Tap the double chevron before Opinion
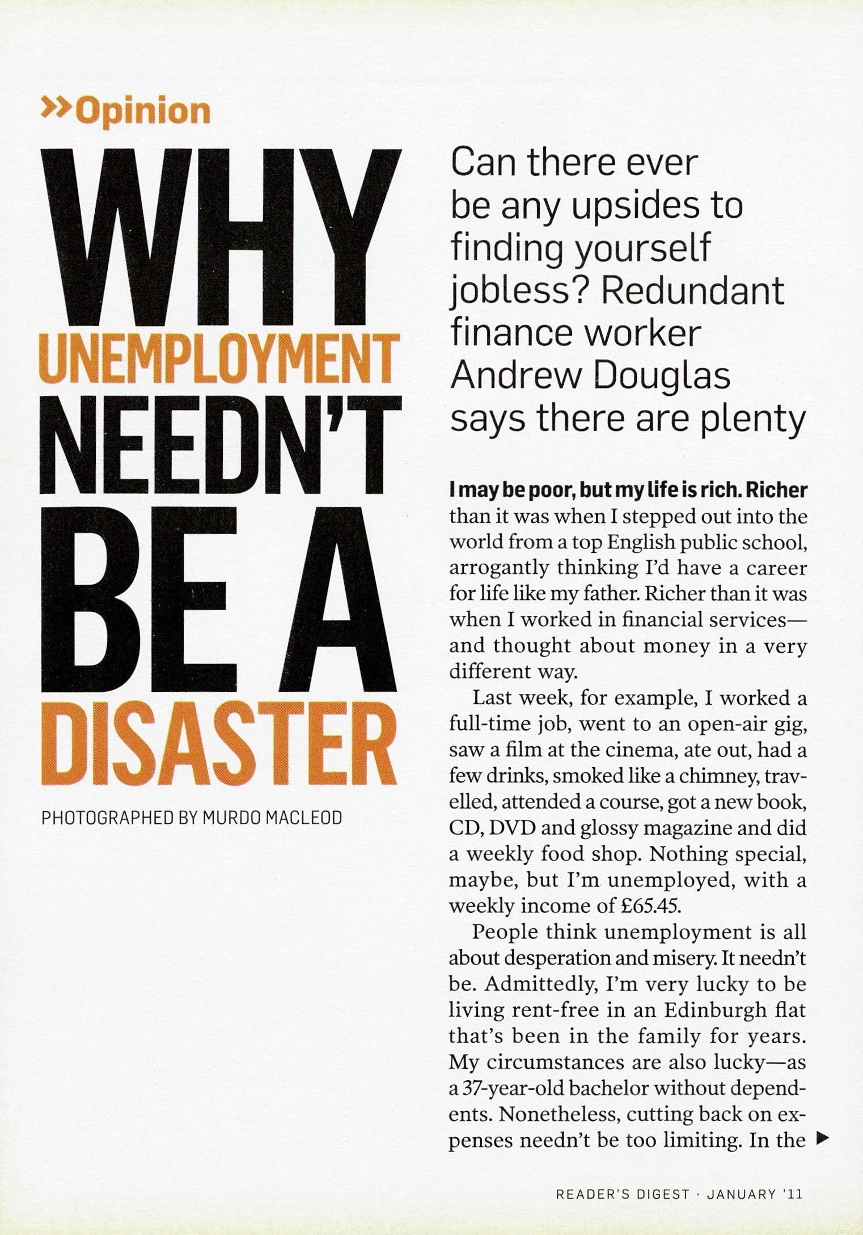pos(57,107)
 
